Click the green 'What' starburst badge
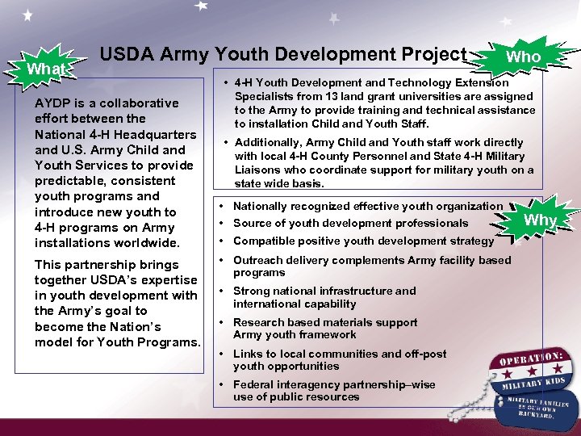(x=46, y=69)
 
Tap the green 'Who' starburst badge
(x=523, y=57)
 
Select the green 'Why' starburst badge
(x=541, y=220)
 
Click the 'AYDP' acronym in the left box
(x=52, y=103)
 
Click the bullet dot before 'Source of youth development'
(x=222, y=223)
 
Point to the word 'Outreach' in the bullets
(x=257, y=261)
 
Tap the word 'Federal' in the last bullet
(x=253, y=385)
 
